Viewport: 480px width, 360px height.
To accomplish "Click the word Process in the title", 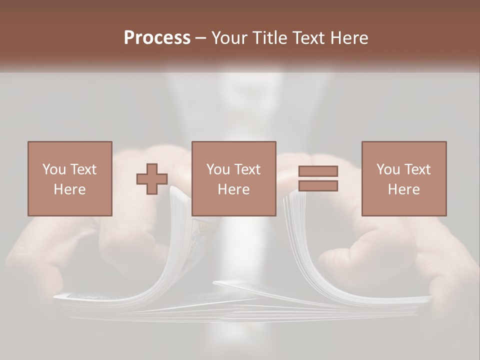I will click(157, 38).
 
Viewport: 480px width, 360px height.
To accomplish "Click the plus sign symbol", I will click(152, 179).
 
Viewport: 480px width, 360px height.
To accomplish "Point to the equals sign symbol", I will click(318, 178).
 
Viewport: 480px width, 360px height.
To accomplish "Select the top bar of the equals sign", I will click(318, 171).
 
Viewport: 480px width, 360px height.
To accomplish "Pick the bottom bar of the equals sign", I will click(318, 186).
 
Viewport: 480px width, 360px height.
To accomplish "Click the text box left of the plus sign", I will click(69, 178).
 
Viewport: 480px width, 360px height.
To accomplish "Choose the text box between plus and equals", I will click(233, 178).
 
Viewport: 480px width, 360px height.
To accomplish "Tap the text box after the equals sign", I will click(403, 178).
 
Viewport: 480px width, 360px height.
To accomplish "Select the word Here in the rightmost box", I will click(403, 189).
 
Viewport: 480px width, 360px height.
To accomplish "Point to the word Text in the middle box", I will click(247, 169).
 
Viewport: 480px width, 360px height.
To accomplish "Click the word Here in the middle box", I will click(233, 189).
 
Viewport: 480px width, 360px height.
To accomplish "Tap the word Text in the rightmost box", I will click(417, 169).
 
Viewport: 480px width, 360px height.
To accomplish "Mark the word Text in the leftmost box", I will click(83, 169).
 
